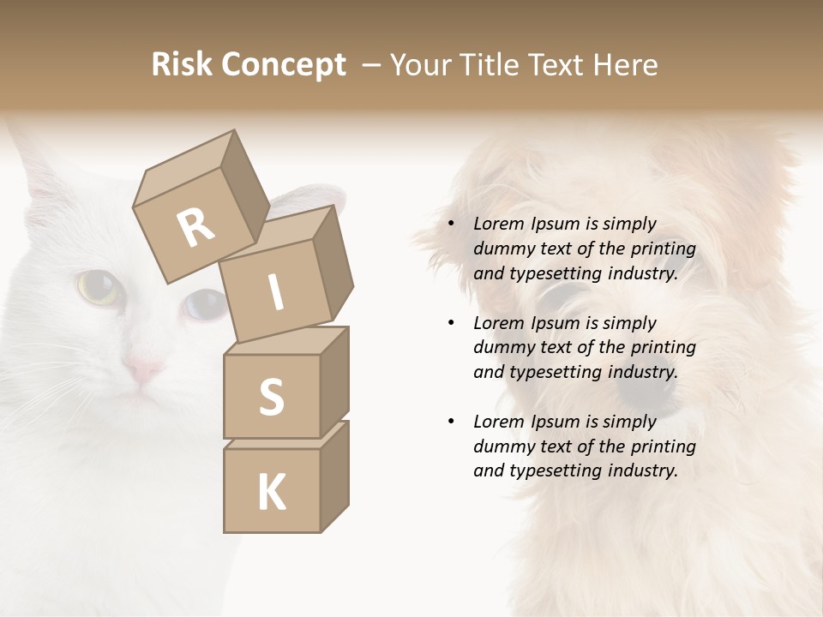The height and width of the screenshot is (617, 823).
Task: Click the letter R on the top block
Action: (196, 227)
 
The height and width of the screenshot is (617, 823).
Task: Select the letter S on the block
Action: (271, 397)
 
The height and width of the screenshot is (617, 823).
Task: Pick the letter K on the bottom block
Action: (271, 493)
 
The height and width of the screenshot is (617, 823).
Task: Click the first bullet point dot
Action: (451, 225)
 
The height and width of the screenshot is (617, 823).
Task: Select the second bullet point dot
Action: (451, 323)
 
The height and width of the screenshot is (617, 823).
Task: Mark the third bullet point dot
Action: (451, 422)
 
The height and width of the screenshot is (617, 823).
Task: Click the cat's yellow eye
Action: (98, 286)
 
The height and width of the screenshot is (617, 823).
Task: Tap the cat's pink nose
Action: (142, 370)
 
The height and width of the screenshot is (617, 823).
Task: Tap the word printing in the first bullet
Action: (664, 249)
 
